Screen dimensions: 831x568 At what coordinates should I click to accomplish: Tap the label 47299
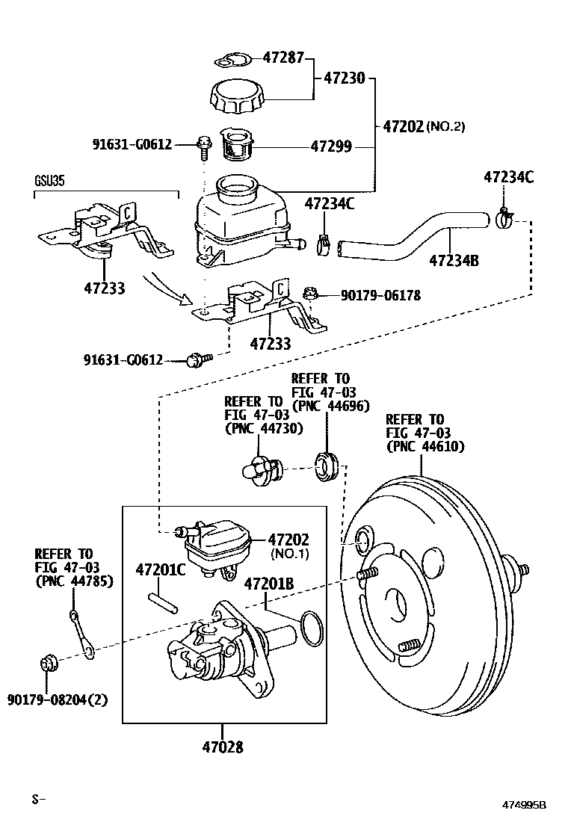(331, 147)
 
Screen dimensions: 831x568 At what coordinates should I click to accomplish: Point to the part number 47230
(345, 77)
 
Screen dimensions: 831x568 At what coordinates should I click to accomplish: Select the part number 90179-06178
(380, 295)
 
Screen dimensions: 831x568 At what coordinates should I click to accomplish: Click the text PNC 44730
(263, 428)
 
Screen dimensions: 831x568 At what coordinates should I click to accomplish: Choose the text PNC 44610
(425, 446)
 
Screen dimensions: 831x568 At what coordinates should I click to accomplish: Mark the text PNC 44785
(74, 581)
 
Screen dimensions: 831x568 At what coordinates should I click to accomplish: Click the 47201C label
(160, 570)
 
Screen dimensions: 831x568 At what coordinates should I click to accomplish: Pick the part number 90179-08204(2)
(57, 699)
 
